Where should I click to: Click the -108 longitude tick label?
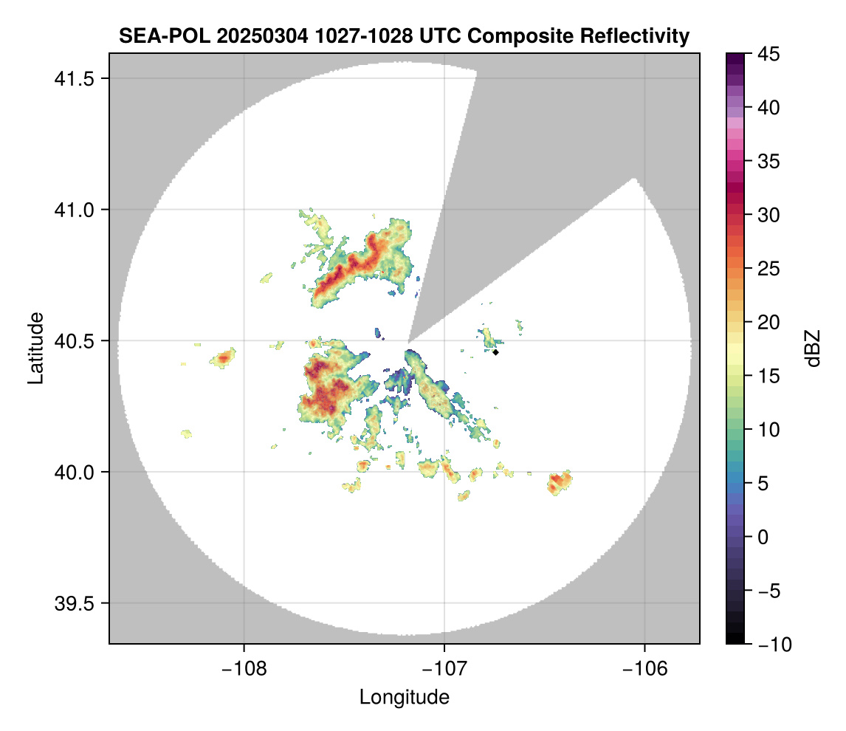tap(244, 668)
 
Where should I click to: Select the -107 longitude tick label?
tap(444, 668)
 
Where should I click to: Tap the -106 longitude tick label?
tap(645, 668)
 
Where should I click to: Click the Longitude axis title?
tap(404, 697)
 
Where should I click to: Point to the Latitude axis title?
tap(35, 348)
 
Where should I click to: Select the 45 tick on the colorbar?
tap(767, 54)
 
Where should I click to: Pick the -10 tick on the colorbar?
tap(770, 645)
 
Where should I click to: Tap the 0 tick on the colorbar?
tap(762, 537)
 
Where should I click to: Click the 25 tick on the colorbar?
tap(767, 269)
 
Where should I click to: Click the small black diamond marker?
tap(496, 352)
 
